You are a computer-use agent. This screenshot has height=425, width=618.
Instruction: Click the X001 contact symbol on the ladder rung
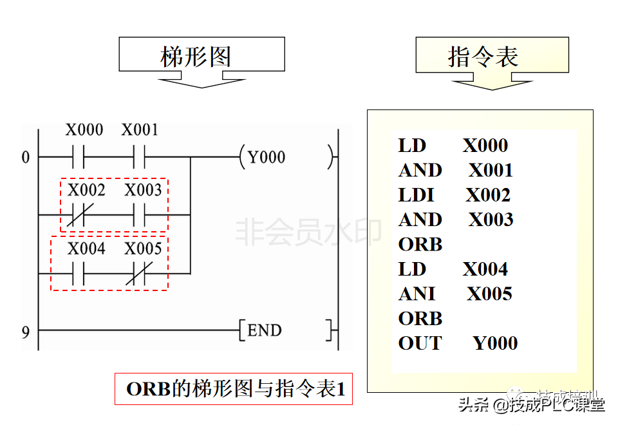tap(140, 156)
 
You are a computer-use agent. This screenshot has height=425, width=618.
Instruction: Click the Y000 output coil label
tap(267, 157)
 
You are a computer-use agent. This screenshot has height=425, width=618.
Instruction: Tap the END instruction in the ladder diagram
tap(265, 331)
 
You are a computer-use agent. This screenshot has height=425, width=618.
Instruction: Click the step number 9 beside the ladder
tap(26, 332)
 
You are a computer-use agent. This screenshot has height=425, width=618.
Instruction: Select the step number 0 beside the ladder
tap(26, 157)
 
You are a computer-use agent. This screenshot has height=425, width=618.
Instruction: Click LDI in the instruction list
tap(417, 195)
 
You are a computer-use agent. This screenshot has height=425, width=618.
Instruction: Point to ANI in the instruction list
tap(417, 294)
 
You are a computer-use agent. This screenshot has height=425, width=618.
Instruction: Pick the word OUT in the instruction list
tap(420, 344)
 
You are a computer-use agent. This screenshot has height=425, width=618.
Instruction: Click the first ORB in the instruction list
tap(420, 245)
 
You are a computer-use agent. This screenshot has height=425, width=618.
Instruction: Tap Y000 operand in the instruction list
tap(495, 344)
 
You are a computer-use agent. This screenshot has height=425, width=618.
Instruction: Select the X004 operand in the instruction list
tap(485, 269)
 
